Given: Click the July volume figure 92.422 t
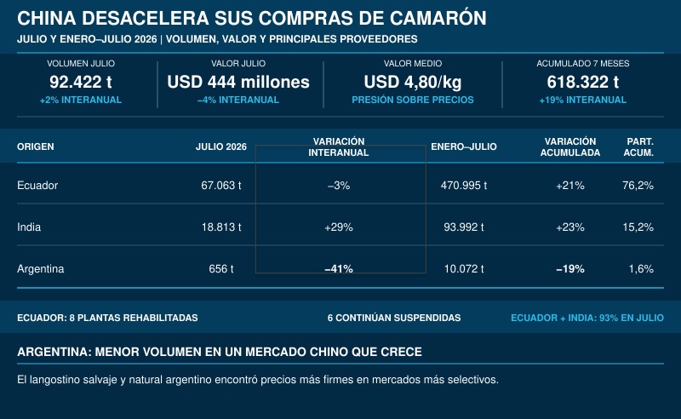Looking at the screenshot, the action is pos(81,82).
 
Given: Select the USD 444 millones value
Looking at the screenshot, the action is pos(238,82).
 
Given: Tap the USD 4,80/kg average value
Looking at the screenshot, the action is pos(413,82).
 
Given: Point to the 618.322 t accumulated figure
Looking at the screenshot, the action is pos(583,82).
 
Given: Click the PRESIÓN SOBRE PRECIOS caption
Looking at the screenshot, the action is pos(413,100).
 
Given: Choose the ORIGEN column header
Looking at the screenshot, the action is pos(36,146).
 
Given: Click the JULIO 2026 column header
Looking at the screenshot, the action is pos(221,146).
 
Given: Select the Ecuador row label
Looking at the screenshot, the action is pos(37,186).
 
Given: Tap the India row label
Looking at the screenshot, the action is pos(29,227).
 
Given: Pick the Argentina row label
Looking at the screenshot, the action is pos(40,269).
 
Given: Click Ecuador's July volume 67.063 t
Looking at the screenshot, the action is pos(221,186).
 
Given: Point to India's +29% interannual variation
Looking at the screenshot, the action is pos(339,227).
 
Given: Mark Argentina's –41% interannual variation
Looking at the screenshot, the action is pos(339,269).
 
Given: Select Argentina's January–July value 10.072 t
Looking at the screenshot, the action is pos(464,269).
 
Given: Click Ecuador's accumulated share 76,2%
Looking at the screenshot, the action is pos(638,186).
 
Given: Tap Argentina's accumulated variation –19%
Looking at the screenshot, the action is pos(570,269).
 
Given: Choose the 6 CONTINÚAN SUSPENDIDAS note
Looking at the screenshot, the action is pos(394,318).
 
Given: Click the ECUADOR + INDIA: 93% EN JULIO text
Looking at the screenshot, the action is pos(587,318).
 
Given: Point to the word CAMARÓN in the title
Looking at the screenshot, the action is pos(438,18).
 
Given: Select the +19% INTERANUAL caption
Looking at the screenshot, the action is pos(583,100).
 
